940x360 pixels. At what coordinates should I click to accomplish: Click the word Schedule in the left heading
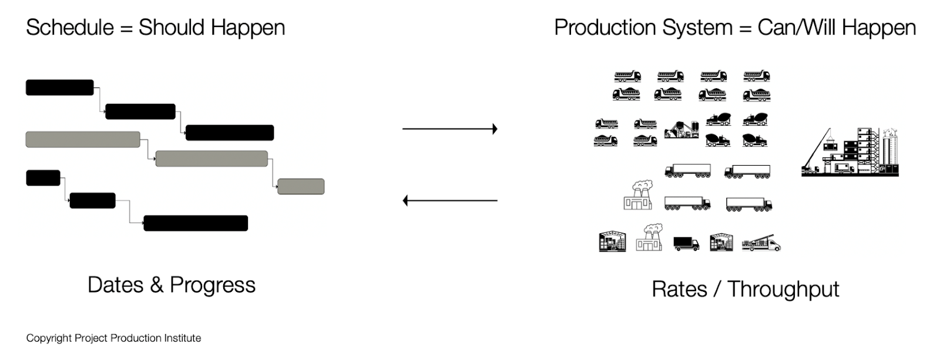70,28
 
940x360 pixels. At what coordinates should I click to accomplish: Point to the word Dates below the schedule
115,285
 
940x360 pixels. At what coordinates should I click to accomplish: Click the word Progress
213,286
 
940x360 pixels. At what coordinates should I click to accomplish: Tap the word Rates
679,289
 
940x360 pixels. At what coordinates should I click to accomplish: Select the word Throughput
784,290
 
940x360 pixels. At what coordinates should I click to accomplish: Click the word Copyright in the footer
49,338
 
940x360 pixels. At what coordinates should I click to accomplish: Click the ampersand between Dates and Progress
156,285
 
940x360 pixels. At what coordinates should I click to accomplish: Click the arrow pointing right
450,129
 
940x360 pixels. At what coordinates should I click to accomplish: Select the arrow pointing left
450,201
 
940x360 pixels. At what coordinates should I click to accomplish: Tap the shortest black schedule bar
43,178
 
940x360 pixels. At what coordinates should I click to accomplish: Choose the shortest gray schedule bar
301,186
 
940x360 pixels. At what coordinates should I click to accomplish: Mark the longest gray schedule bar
83,139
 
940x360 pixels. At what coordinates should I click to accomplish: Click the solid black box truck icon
686,244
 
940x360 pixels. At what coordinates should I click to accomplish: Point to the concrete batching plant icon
681,130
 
